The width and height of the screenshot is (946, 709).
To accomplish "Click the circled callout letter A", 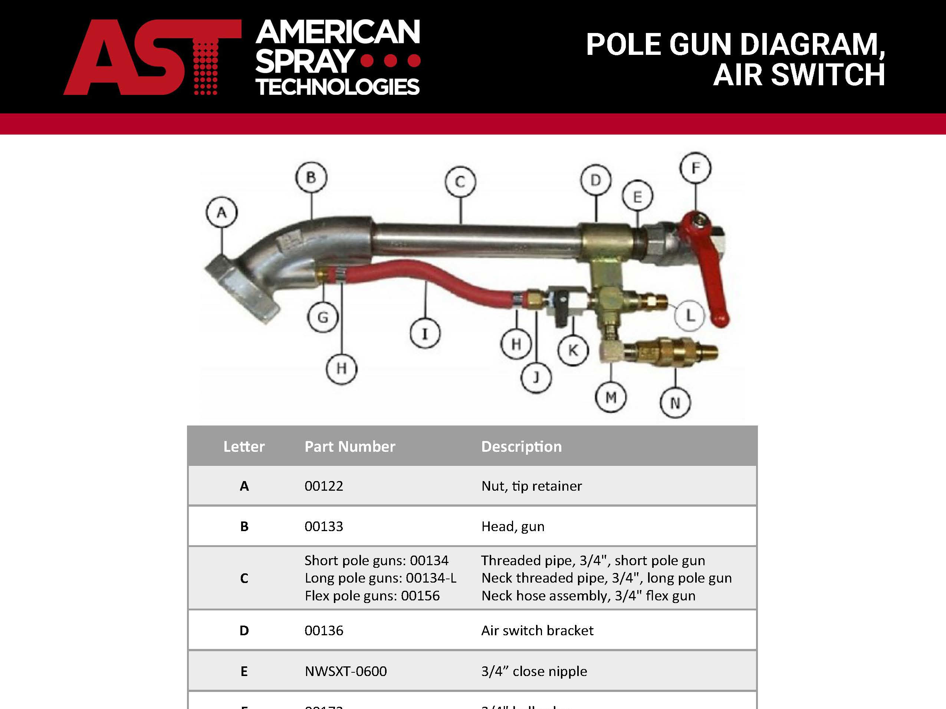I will point(221,212).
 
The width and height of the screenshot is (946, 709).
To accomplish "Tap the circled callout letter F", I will point(695,168).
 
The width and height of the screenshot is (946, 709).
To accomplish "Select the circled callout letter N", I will point(675,402).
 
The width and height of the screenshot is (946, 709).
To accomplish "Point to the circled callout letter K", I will point(573,351).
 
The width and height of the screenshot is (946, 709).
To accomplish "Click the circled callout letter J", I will point(536,377).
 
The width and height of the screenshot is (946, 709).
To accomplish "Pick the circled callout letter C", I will point(460,182).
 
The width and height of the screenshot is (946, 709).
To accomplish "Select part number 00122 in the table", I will point(324,486).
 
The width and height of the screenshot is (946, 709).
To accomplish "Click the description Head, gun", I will point(513,527).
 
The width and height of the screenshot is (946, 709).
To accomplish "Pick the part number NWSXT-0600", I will point(345,672).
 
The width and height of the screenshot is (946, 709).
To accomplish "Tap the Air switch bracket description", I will point(537,631).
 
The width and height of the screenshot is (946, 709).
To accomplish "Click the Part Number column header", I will point(350,447).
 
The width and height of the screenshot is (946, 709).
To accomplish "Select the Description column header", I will point(521,447).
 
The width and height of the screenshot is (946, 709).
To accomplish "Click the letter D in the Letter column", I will point(244,631).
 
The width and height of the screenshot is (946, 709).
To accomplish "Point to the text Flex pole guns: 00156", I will point(372,596).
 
